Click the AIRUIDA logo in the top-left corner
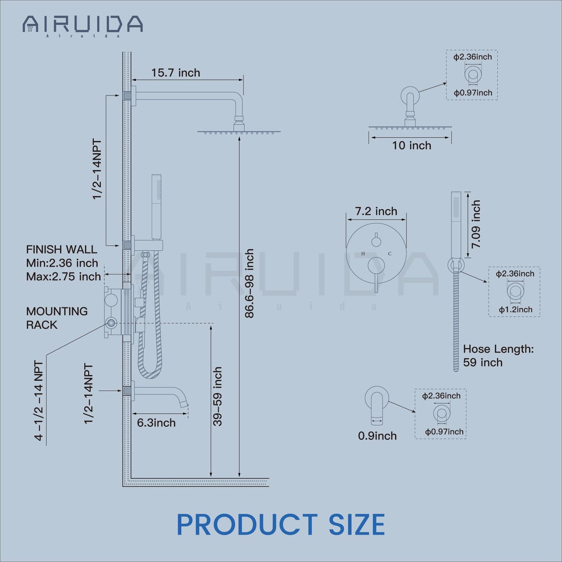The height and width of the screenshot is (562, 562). [x=82, y=26]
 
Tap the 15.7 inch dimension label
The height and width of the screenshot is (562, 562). [x=175, y=73]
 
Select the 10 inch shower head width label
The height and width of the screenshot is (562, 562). [x=411, y=145]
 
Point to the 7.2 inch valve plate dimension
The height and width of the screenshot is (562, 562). [x=376, y=211]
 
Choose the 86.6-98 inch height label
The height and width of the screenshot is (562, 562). [x=250, y=284]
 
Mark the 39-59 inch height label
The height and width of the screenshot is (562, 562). [x=217, y=397]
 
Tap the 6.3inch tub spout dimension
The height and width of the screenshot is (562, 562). [x=156, y=423]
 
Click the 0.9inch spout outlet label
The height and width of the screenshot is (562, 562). [x=377, y=436]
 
